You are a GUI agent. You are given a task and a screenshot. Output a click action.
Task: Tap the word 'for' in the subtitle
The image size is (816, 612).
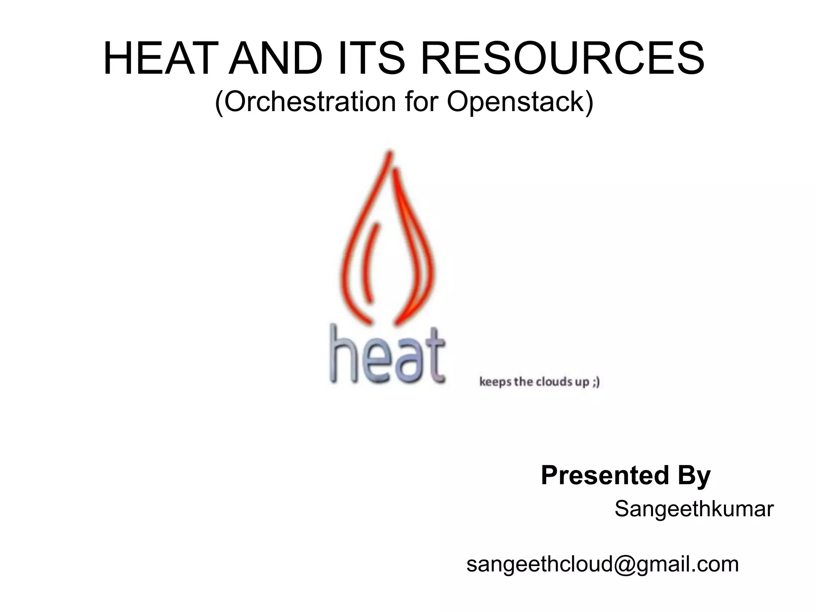tap(422, 102)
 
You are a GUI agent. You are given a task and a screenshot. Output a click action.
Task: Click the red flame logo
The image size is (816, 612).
tap(388, 239)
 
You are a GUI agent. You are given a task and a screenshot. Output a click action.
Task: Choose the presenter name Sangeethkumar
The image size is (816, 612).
tap(694, 509)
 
